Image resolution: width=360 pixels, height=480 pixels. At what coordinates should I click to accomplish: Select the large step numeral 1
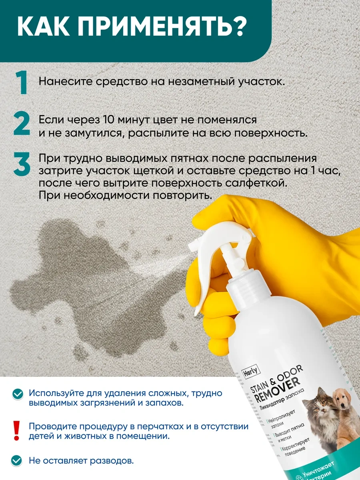[22, 83]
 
